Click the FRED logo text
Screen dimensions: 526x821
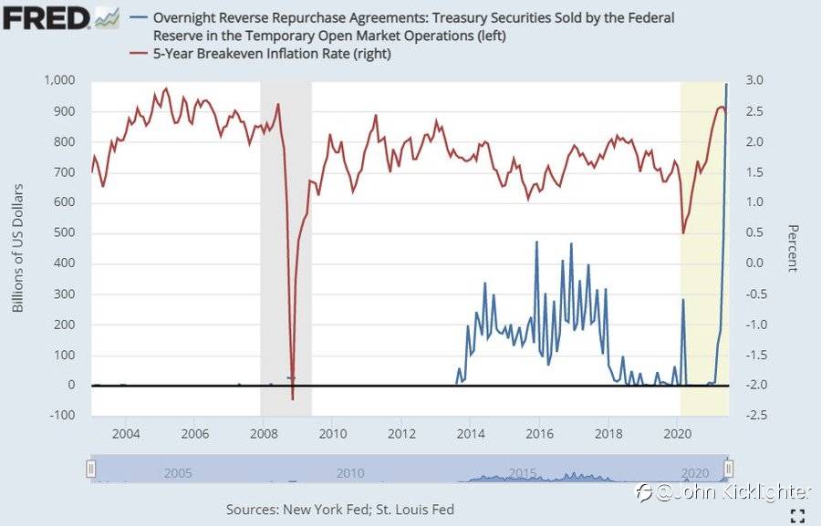pyautogui.click(x=46, y=16)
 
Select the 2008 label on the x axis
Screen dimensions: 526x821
pyautogui.click(x=264, y=432)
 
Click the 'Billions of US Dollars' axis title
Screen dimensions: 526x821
pyautogui.click(x=17, y=248)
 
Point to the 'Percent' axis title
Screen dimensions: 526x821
pyautogui.click(x=792, y=248)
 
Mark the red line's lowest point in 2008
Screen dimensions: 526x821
pyautogui.click(x=292, y=399)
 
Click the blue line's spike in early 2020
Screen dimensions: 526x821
pyautogui.click(x=683, y=300)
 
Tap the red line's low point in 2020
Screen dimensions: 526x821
pyautogui.click(x=683, y=233)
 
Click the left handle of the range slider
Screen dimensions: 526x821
pyautogui.click(x=90, y=469)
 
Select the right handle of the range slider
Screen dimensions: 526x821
pyautogui.click(x=727, y=469)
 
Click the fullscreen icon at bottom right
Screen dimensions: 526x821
pyautogui.click(x=797, y=515)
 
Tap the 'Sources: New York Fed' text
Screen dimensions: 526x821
pyautogui.click(x=339, y=510)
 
